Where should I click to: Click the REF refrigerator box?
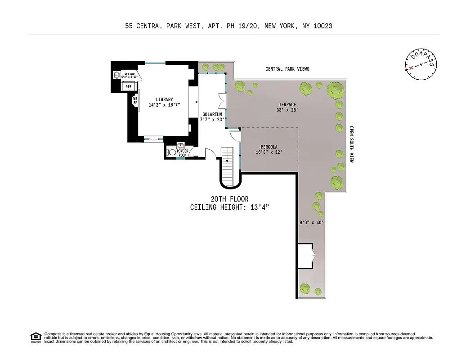click(x=128, y=86)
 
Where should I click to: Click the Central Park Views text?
click(x=287, y=69)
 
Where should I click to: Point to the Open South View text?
click(x=351, y=144)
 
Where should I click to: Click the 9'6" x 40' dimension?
click(x=312, y=222)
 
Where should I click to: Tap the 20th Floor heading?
click(x=229, y=199)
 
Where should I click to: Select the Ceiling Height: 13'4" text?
click(x=229, y=207)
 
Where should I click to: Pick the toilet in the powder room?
click(x=171, y=153)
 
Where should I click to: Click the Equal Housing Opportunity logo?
click(x=35, y=337)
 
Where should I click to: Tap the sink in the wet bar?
click(x=116, y=75)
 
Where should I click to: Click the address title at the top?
click(x=229, y=26)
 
